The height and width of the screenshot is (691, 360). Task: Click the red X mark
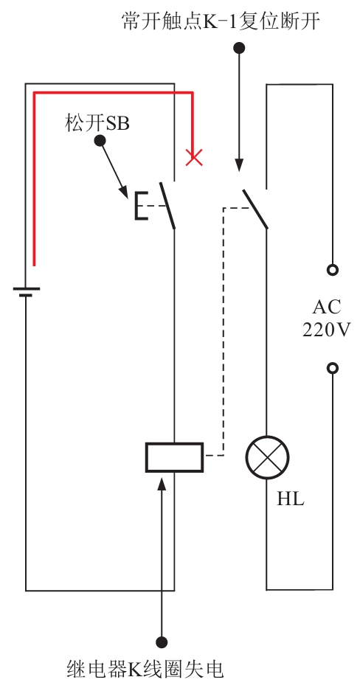[194, 157]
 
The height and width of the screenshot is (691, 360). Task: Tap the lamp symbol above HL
[267, 457]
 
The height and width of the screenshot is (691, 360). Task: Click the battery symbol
[26, 292]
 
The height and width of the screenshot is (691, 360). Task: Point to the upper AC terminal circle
[333, 269]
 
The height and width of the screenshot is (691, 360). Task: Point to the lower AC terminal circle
[333, 368]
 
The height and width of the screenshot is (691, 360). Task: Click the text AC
[326, 308]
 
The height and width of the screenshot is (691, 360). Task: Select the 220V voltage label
[326, 330]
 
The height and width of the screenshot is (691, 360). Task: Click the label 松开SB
[97, 123]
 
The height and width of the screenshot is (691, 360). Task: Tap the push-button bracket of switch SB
[141, 206]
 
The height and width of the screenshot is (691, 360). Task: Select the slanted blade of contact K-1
[255, 209]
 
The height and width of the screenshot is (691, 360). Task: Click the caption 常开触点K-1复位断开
[221, 21]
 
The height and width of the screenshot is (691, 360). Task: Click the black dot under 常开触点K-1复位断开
[239, 48]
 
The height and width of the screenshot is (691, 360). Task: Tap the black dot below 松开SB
[100, 141]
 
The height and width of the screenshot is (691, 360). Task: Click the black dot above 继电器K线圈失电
[162, 642]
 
